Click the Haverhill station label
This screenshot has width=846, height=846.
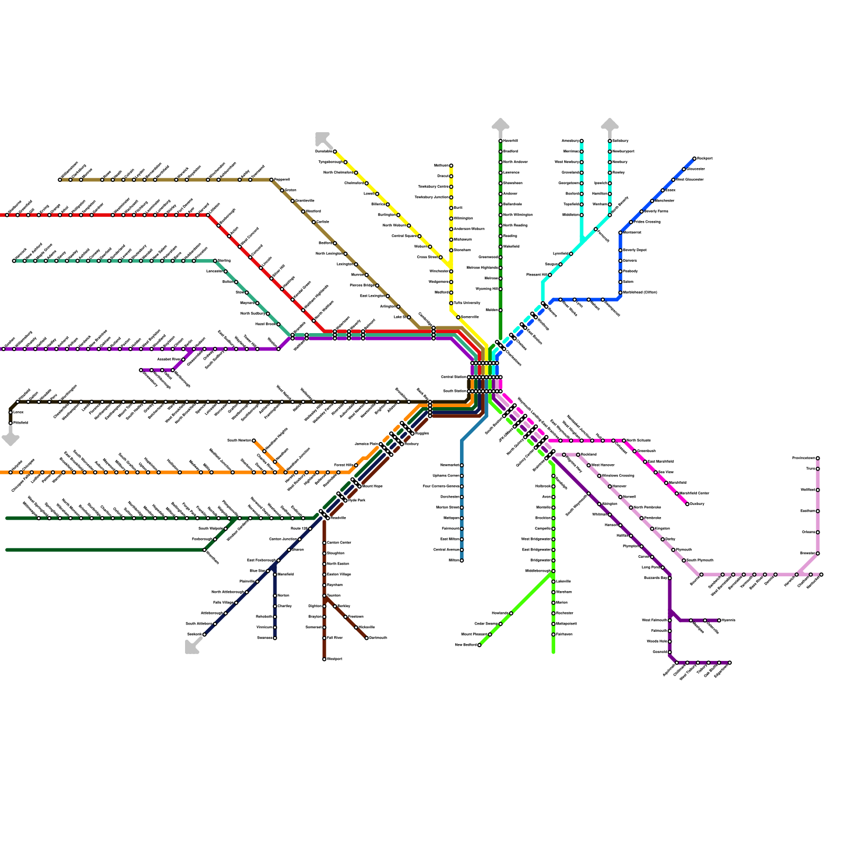click(511, 141)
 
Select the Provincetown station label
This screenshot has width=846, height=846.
click(803, 458)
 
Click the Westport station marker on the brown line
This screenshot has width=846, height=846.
click(324, 659)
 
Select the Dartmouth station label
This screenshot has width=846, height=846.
click(378, 638)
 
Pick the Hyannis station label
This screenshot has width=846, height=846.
click(729, 620)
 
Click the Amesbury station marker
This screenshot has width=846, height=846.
click(582, 141)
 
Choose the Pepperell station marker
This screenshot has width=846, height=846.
click(271, 180)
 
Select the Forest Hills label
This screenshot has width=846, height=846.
click(344, 465)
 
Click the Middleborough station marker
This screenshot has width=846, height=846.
click(553, 571)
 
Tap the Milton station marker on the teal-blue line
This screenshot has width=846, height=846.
click(462, 560)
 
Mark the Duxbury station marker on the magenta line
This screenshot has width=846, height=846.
click(687, 504)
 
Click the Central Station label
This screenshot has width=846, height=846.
click(453, 377)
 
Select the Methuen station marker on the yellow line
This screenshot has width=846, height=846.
click(451, 165)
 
